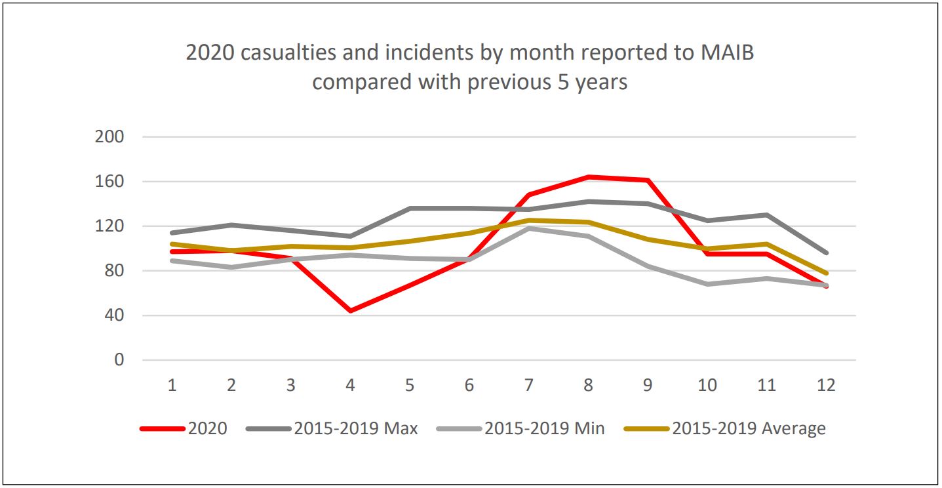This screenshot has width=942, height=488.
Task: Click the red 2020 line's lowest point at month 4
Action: [350, 310]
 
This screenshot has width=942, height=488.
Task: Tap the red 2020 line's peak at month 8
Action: [588, 177]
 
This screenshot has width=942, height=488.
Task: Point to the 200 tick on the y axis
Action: [109, 137]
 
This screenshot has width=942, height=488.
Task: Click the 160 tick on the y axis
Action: [109, 182]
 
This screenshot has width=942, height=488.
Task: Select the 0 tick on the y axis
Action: [119, 360]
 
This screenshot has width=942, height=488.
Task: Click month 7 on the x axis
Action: [528, 385]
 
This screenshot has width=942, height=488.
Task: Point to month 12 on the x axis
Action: [826, 385]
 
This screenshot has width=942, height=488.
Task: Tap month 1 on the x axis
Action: [172, 385]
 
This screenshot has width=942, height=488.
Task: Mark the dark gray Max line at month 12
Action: [826, 253]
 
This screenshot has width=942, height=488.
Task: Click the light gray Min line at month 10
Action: [707, 284]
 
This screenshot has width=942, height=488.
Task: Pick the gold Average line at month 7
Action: [528, 220]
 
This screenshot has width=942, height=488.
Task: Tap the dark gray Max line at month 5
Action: [410, 209]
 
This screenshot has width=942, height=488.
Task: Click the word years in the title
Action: [599, 83]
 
